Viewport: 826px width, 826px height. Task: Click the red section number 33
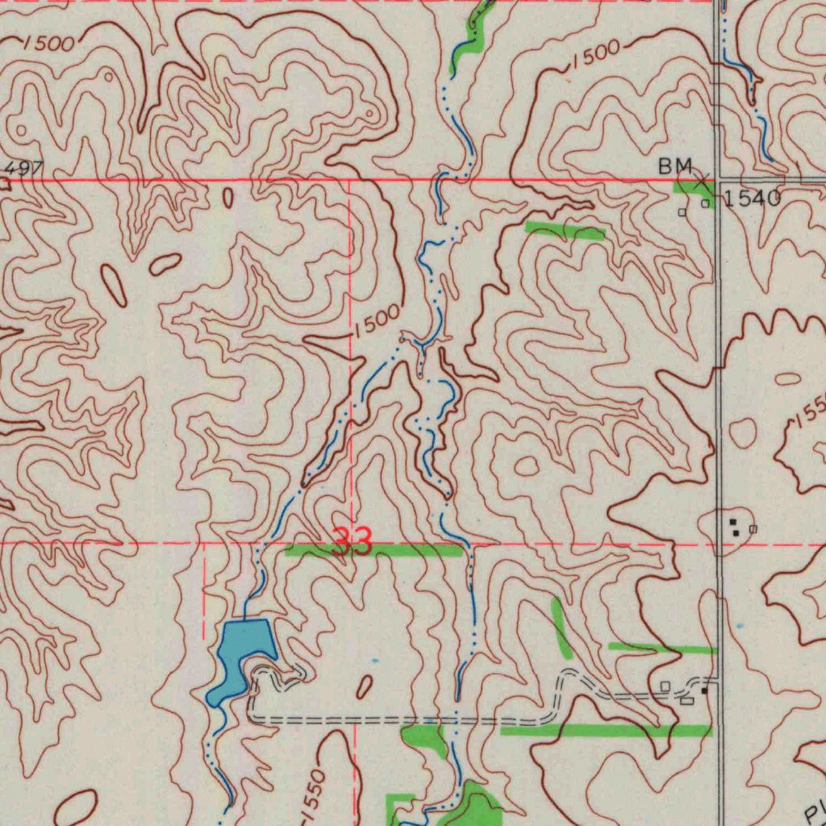click(x=353, y=543)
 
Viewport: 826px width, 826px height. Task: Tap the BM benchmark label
click(x=675, y=166)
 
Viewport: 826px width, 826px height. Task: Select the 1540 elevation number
click(x=752, y=198)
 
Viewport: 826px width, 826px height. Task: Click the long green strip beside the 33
click(x=375, y=550)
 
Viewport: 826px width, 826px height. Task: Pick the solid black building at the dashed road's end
click(x=704, y=691)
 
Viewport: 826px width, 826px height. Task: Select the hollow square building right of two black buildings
click(x=753, y=528)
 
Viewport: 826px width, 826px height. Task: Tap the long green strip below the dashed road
click(x=605, y=731)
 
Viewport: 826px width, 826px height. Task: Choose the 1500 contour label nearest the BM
click(x=593, y=55)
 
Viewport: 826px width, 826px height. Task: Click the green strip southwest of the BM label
click(x=565, y=232)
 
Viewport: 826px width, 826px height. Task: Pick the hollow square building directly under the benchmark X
click(x=705, y=204)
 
